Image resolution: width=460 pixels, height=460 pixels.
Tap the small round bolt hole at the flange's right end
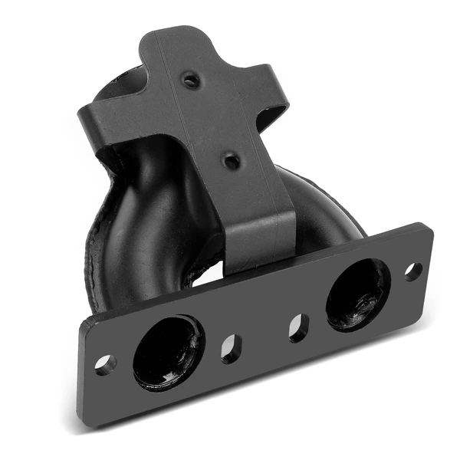tap(412, 271)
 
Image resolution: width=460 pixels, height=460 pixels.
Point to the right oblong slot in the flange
tap(299, 327)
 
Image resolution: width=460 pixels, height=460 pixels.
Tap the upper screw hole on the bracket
tap(190, 80)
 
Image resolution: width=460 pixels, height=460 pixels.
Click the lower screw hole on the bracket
tap(230, 161)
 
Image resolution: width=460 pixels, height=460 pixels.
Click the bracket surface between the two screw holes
tap(211, 121)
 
